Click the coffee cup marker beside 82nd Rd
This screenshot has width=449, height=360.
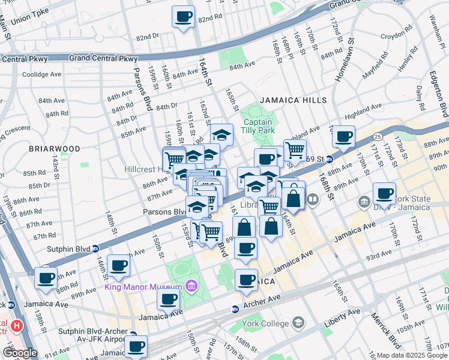(184, 17)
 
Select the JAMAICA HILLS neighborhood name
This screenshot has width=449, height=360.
(294, 100)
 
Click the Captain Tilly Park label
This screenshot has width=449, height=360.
(256, 125)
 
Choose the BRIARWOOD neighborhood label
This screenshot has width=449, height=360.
(50, 148)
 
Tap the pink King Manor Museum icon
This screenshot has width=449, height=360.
(191, 285)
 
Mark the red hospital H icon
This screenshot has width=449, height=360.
(17, 326)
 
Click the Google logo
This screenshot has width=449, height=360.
(20, 353)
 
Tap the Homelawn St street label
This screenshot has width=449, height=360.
(343, 70)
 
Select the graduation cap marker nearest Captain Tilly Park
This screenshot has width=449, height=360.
(221, 135)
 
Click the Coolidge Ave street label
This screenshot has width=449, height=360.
(42, 74)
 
